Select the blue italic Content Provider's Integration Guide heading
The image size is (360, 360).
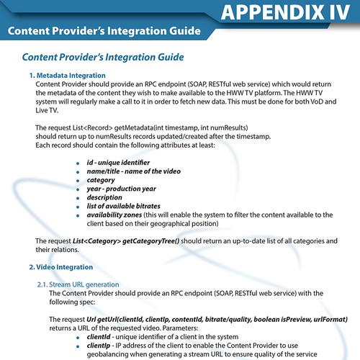[x=103, y=57]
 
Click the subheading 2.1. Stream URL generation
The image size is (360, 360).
[x=78, y=284]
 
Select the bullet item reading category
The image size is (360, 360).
[x=101, y=181]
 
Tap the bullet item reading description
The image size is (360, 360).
[x=105, y=198]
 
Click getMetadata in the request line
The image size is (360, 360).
[x=133, y=127]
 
